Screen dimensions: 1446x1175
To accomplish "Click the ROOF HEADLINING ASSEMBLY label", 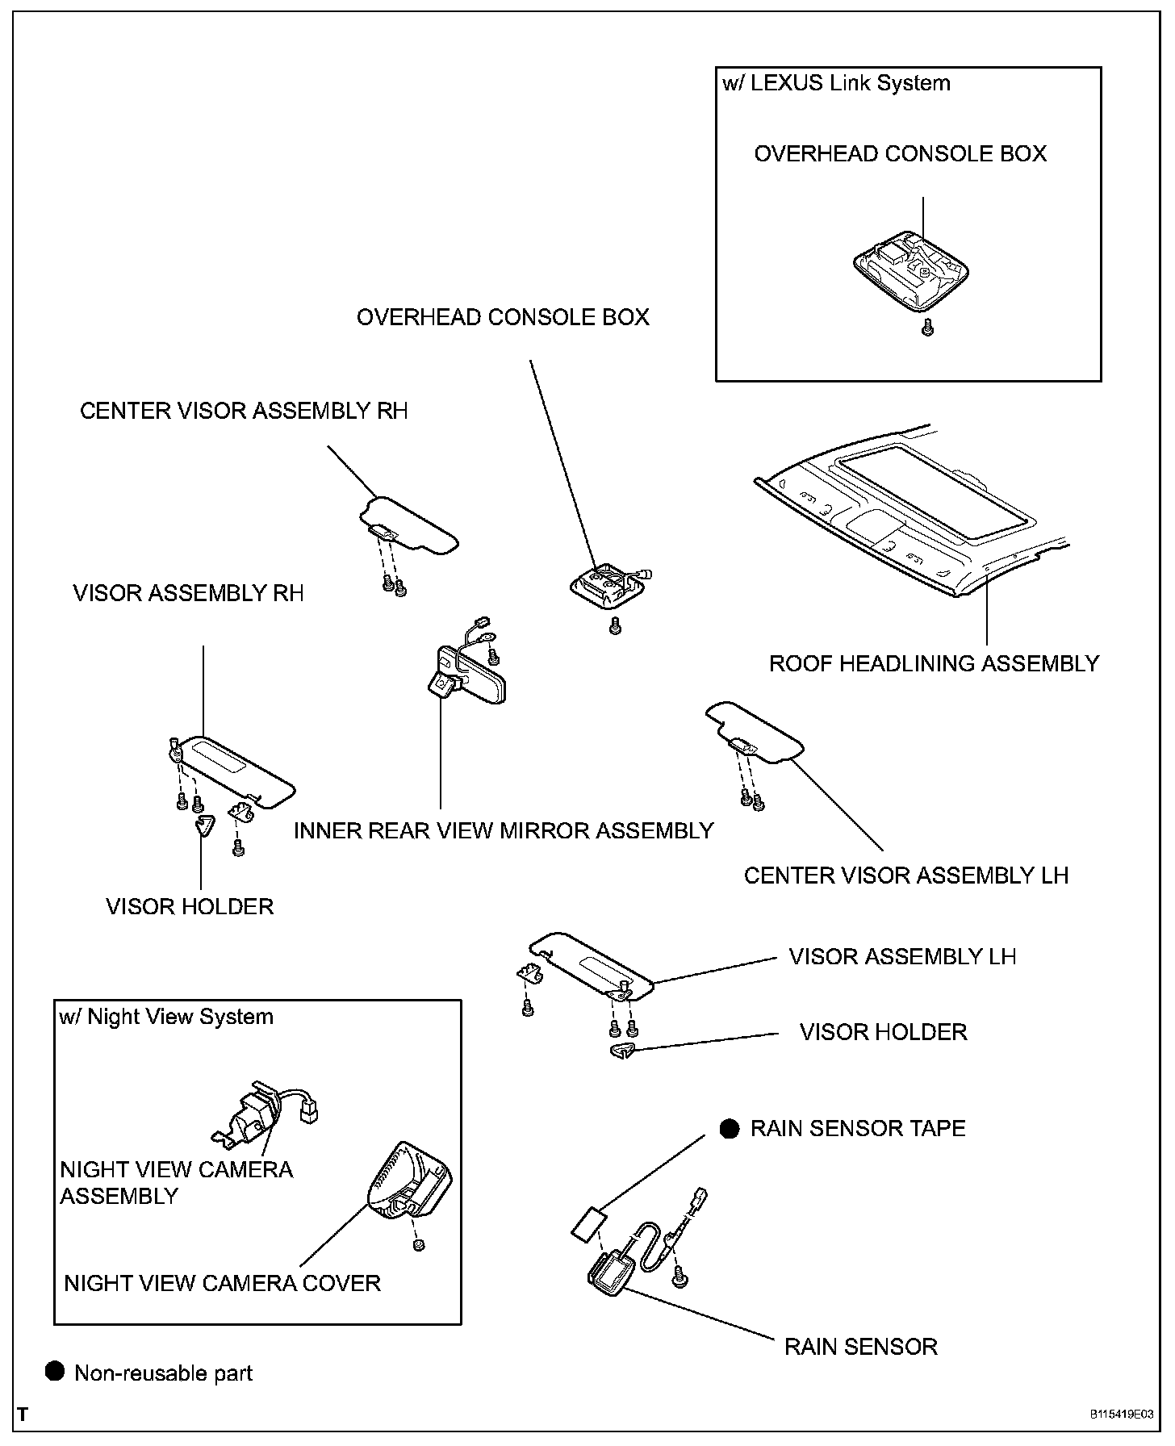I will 934,663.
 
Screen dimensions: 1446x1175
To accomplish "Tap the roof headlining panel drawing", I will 912,524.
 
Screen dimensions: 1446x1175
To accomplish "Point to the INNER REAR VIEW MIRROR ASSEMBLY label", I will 504,830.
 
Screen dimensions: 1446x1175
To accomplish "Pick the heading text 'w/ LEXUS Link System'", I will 836,83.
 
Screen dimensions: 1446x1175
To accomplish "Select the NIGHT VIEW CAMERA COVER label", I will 222,1283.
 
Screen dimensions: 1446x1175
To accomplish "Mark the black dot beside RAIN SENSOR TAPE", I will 730,1128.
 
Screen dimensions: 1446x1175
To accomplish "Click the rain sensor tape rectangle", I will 590,1223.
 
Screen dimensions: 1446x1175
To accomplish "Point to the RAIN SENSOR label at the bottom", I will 861,1347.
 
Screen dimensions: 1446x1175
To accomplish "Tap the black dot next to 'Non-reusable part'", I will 55,1372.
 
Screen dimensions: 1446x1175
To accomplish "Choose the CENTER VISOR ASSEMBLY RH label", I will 244,411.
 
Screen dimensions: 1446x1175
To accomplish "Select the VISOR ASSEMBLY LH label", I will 902,957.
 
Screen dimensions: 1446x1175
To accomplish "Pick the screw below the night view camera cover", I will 418,1246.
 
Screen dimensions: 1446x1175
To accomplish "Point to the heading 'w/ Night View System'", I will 166,1017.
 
